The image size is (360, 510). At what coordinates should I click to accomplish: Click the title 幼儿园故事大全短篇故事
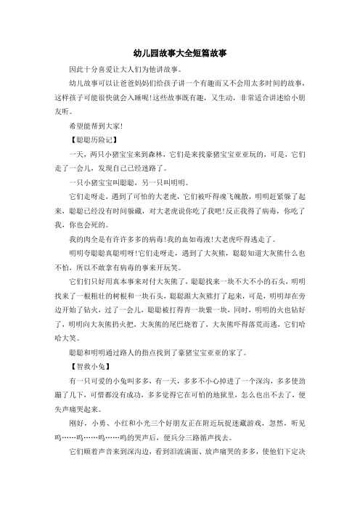click(181, 54)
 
